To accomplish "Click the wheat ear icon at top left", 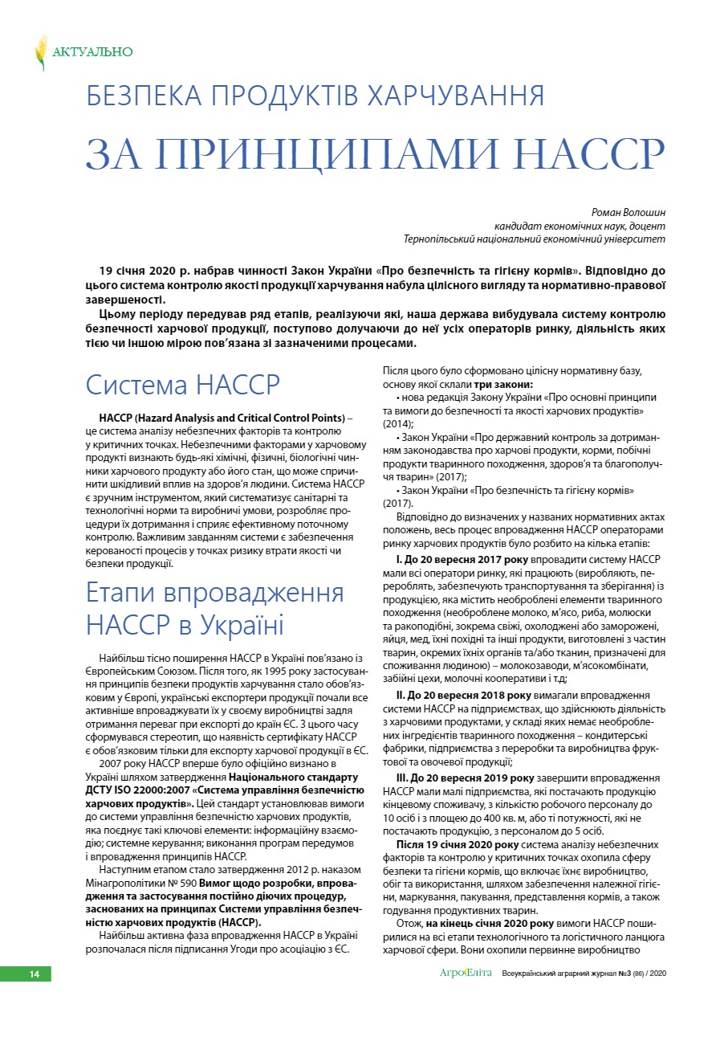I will pyautogui.click(x=40, y=52).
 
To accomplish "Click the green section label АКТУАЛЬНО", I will pyautogui.click(x=92, y=52).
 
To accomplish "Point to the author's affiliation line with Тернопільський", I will pyautogui.click(x=535, y=239).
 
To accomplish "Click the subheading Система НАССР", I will pyautogui.click(x=183, y=385).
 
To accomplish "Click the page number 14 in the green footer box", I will pyautogui.click(x=34, y=974).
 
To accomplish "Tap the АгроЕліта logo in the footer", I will pyautogui.click(x=464, y=974).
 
